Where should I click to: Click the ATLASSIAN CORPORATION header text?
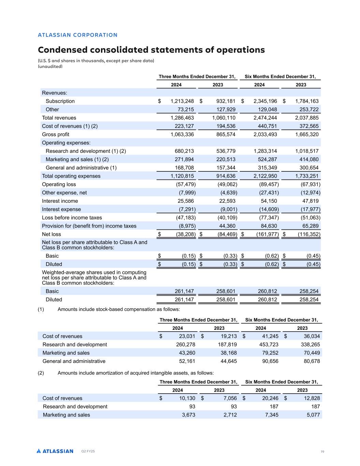click(x=77, y=35)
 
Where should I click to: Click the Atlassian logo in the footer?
click(x=55, y=451)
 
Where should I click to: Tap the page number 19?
click(x=322, y=452)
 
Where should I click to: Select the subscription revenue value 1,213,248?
click(x=182, y=101)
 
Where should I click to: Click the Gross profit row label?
click(x=55, y=135)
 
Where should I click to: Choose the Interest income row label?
click(x=60, y=201)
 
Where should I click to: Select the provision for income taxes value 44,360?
click(x=226, y=226)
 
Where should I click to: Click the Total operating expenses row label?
click(x=71, y=176)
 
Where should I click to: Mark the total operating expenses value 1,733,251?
click(x=307, y=176)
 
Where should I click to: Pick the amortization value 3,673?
click(x=188, y=415)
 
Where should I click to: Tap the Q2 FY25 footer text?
click(x=88, y=451)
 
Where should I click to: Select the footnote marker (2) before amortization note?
click(x=41, y=373)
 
